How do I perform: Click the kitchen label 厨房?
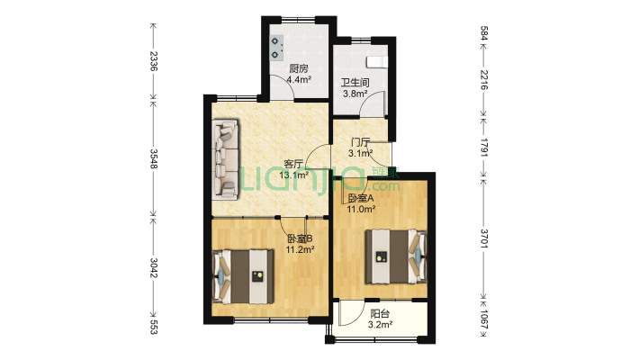(298, 68)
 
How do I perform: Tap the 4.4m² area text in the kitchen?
(299, 79)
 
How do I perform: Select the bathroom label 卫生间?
(355, 83)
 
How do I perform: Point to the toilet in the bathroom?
(376, 61)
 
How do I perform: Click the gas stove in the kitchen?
(277, 48)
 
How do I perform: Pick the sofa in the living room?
(225, 159)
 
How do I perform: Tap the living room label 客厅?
(293, 165)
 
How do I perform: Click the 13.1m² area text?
(293, 175)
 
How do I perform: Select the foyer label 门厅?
(361, 143)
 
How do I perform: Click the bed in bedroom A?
(395, 256)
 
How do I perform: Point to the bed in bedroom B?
(243, 276)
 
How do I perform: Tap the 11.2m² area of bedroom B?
(300, 249)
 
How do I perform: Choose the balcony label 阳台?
(380, 314)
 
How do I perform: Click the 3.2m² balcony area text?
(380, 325)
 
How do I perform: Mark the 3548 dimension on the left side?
(153, 158)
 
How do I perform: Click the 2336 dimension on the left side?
(153, 61)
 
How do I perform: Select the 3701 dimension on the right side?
(483, 238)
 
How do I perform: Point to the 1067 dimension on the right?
(483, 320)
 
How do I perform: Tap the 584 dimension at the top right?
(483, 33)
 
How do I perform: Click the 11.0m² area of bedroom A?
(361, 210)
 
